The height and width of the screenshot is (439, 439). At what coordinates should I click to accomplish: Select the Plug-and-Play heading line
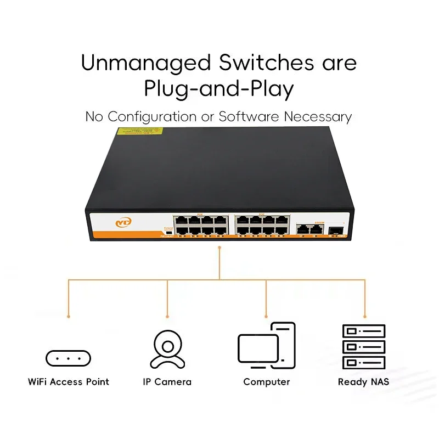pyautogui.click(x=219, y=89)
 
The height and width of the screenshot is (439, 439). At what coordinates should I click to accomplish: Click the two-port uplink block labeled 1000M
pyautogui.click(x=308, y=230)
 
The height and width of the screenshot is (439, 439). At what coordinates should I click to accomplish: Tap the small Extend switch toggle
pyautogui.click(x=167, y=233)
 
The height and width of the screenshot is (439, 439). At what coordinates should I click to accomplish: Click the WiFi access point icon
pyautogui.click(x=68, y=359)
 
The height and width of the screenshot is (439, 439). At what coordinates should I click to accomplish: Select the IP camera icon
pyautogui.click(x=167, y=349)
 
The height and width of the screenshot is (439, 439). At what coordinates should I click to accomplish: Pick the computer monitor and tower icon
pyautogui.click(x=267, y=346)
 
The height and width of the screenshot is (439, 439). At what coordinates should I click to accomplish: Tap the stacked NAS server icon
pyautogui.click(x=363, y=346)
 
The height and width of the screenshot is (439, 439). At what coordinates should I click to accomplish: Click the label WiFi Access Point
pyautogui.click(x=69, y=382)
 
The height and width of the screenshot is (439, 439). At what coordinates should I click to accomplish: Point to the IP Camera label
pyautogui.click(x=167, y=382)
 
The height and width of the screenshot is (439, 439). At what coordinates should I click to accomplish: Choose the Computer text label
pyautogui.click(x=267, y=382)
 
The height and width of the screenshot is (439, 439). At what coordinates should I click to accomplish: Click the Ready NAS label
pyautogui.click(x=363, y=382)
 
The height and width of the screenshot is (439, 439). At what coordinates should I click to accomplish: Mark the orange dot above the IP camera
pyautogui.click(x=167, y=317)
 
